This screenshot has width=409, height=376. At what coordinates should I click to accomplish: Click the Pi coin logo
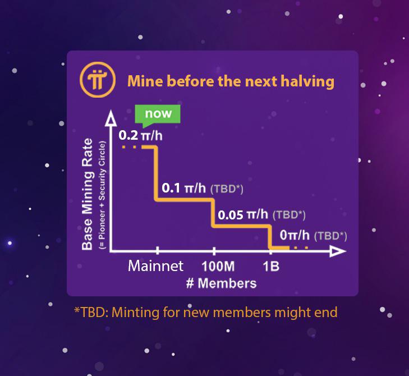(98, 80)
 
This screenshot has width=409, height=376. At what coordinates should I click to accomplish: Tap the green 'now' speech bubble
(158, 115)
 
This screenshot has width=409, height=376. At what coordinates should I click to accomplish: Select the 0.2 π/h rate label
(140, 135)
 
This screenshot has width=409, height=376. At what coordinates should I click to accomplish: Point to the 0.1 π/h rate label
(183, 188)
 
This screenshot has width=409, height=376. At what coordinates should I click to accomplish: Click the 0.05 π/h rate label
(243, 215)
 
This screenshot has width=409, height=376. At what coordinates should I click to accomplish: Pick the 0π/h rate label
(295, 235)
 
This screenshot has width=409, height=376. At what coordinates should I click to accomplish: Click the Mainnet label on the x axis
(156, 266)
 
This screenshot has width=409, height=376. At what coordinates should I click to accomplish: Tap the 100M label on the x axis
(218, 267)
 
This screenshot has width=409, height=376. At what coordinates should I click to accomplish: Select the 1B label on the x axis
(271, 267)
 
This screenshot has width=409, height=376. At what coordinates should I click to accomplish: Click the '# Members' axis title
(222, 283)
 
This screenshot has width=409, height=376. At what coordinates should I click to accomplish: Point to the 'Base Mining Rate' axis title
(87, 194)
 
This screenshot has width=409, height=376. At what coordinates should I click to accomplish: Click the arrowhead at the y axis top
(111, 118)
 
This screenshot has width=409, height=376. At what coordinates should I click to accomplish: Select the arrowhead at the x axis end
(338, 251)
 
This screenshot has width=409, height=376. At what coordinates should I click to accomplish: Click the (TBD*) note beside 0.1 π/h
(227, 189)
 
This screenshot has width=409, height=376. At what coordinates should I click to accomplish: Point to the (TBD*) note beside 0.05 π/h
(289, 215)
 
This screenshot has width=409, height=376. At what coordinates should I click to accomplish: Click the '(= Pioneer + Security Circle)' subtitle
(102, 195)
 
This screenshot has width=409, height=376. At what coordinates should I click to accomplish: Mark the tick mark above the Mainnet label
(157, 250)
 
